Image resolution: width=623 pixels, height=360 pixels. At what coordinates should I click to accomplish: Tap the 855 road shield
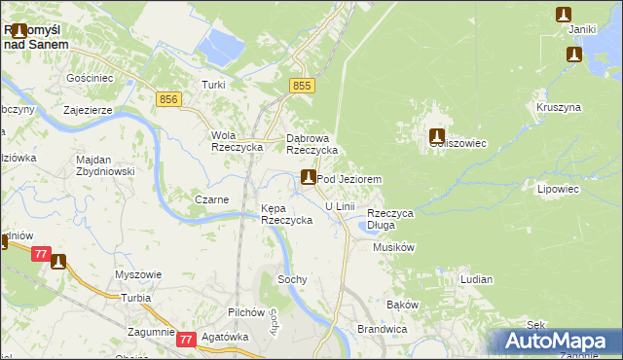303,87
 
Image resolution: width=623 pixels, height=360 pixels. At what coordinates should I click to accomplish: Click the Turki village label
213,85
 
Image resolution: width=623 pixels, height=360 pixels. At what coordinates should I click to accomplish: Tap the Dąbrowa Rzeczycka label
311,144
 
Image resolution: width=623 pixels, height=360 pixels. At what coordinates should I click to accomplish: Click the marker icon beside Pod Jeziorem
309,177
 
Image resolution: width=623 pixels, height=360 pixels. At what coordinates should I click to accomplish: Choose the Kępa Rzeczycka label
286,214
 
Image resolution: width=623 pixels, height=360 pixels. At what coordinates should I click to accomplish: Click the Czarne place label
212,199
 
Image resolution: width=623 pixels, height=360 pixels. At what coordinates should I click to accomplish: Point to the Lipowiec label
558,190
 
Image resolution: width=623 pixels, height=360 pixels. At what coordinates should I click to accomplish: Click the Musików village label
394,247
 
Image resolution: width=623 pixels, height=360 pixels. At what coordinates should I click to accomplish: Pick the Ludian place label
476,279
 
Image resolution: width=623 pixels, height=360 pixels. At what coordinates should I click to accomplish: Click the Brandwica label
381,329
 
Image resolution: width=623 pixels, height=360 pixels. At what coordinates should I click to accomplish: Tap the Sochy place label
292,279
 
